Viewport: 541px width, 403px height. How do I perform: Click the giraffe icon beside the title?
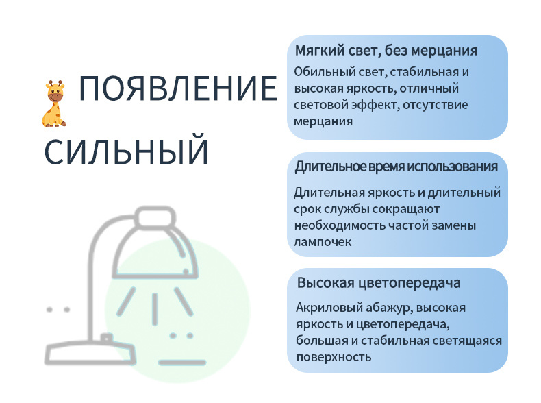click(x=53, y=103)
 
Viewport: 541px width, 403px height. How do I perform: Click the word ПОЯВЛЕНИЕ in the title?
click(x=178, y=88)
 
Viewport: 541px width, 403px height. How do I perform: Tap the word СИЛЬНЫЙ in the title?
click(x=126, y=151)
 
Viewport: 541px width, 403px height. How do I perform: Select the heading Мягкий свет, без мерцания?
click(x=386, y=51)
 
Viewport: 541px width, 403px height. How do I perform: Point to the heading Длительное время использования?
click(x=396, y=167)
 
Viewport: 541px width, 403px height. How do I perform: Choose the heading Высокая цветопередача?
click(x=379, y=283)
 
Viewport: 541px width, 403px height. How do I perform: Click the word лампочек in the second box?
click(x=323, y=242)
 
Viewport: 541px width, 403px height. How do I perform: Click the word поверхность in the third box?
click(x=334, y=357)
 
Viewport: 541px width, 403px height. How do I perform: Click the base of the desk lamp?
click(x=90, y=353)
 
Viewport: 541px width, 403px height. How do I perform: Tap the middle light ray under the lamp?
click(x=155, y=308)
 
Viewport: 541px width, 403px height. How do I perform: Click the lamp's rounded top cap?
click(x=155, y=217)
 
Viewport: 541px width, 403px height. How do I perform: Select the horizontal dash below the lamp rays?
click(x=182, y=363)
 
